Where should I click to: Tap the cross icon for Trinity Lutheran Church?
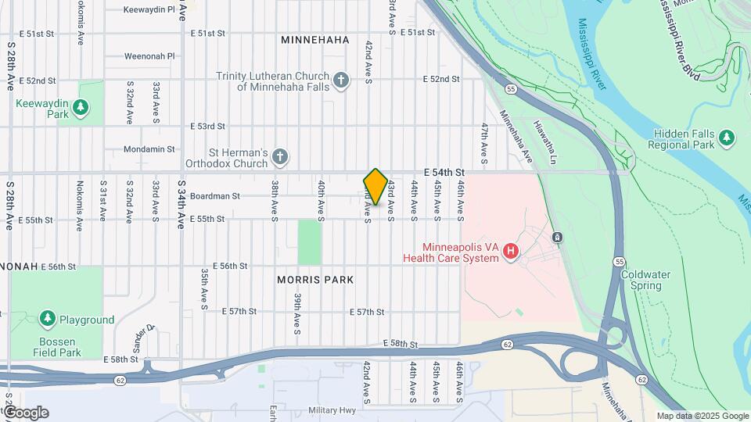[x=340, y=80]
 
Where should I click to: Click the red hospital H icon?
[x=511, y=252]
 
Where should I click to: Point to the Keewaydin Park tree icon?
[x=80, y=105]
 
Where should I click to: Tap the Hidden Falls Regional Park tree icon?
[x=728, y=138]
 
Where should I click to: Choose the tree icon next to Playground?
[x=49, y=319]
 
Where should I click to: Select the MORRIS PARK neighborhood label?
[x=315, y=279]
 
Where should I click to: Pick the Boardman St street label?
[x=214, y=196]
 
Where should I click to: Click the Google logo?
[x=25, y=413]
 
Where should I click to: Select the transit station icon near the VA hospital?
[x=557, y=237]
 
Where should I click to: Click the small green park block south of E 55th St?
[x=310, y=241]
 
